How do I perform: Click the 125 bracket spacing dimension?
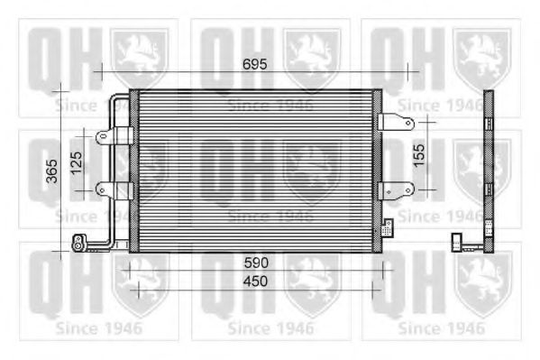(77, 163)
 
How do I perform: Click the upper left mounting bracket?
(114, 136)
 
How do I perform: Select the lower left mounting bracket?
(114, 190)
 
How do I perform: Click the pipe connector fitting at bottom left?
(80, 241)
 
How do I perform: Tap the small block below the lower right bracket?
(388, 225)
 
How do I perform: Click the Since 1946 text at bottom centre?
(270, 327)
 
